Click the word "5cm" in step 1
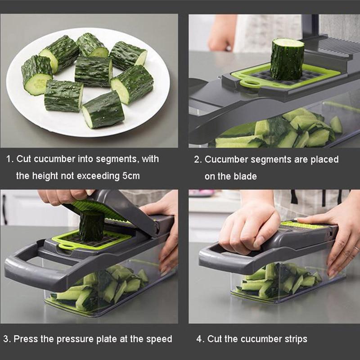[131, 176]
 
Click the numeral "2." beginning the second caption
[198, 160]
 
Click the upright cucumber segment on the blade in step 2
[287, 59]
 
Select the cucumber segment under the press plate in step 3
[91, 225]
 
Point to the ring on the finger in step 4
[355, 248]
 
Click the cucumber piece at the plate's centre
[93, 71]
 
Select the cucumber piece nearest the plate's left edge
[37, 74]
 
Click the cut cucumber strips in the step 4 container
[279, 281]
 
